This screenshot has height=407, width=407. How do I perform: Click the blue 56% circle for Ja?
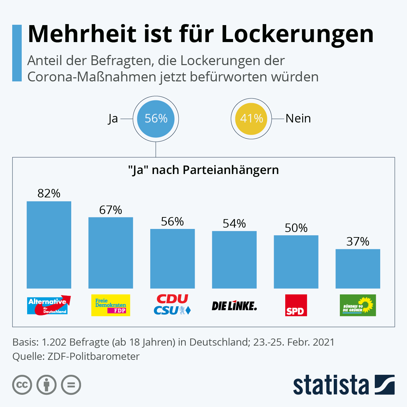click(x=156, y=119)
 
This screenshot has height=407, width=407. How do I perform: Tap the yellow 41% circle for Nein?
click(x=251, y=119)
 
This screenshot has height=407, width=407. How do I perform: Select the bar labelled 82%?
click(x=49, y=245)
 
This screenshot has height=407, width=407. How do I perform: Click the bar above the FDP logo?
click(x=111, y=253)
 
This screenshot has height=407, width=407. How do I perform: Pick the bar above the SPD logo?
click(x=296, y=262)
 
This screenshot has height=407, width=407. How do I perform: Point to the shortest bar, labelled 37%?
click(x=358, y=269)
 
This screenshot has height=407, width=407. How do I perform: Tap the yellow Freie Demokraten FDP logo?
click(x=111, y=305)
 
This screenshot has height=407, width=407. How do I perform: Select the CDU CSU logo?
click(x=172, y=304)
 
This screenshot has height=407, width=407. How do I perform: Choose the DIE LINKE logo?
click(x=234, y=306)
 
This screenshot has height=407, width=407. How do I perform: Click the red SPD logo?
click(x=296, y=305)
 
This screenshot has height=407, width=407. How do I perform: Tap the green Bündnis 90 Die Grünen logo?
click(x=358, y=305)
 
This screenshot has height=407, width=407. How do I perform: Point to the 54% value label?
click(x=234, y=224)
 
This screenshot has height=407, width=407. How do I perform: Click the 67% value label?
click(x=111, y=210)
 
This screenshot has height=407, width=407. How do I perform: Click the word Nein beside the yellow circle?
click(x=298, y=118)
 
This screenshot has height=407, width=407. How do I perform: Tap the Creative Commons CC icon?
click(x=22, y=385)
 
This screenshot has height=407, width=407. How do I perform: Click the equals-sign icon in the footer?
click(x=71, y=385)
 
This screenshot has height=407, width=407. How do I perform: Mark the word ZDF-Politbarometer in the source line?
click(x=94, y=356)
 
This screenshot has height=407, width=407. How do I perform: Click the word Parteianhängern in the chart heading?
click(x=231, y=170)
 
